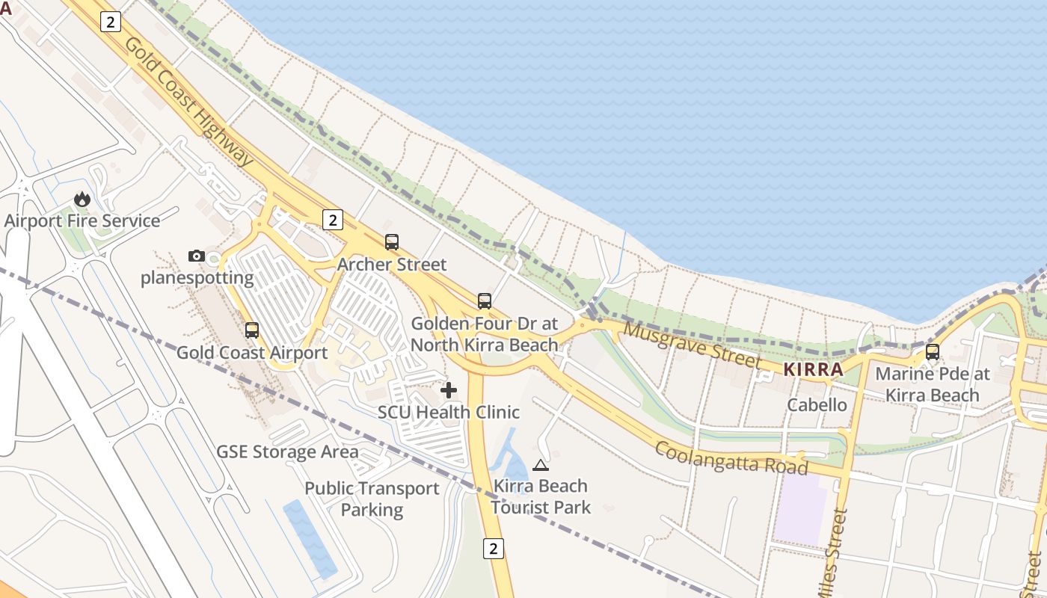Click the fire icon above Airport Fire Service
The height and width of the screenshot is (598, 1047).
pos(82,199)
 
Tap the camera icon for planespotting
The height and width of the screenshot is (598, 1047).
pos(197,256)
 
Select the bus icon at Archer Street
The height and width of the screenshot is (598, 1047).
pos(392,241)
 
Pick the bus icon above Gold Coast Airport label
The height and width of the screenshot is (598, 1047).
pos(252,330)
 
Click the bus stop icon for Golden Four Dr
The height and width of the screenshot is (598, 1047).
pos(485,301)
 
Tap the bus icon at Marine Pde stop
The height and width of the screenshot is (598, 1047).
pos(933,351)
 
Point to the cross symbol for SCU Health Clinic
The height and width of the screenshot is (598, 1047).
pos(449,390)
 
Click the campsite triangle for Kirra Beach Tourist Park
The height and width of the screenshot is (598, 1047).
pos(541,465)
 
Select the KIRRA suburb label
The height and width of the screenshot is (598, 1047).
pos(813,369)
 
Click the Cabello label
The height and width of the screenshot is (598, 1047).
pos(817,405)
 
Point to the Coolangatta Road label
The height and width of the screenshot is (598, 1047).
pos(732,457)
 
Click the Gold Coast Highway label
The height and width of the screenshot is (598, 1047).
pos(188,101)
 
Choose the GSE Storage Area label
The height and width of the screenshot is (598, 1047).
pos(287,452)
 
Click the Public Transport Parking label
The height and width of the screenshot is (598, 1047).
pos(372,499)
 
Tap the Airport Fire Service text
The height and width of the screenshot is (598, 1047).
pos(82,221)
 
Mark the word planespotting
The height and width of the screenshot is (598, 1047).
pos(197,278)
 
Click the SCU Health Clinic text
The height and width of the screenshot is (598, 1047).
pos(449,413)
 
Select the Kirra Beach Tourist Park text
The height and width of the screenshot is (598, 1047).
pos(541,496)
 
